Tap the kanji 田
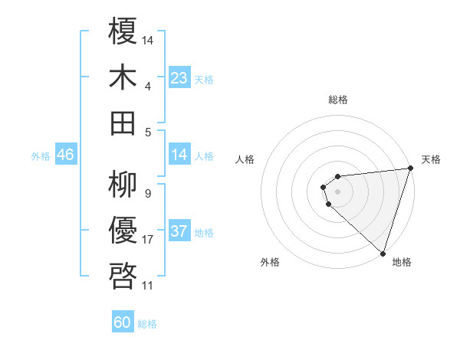123,122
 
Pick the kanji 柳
123,184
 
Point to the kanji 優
123,230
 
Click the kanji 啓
123,275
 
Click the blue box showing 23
179,78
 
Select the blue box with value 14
179,155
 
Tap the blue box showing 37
179,232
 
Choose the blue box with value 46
65,155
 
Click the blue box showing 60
123,322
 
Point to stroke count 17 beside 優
148,240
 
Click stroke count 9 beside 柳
147,193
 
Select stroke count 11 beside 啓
148,286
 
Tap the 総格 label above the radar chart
337,100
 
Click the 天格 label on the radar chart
431,159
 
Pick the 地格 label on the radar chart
402,262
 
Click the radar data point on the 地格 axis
383,252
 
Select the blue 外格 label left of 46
41,156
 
